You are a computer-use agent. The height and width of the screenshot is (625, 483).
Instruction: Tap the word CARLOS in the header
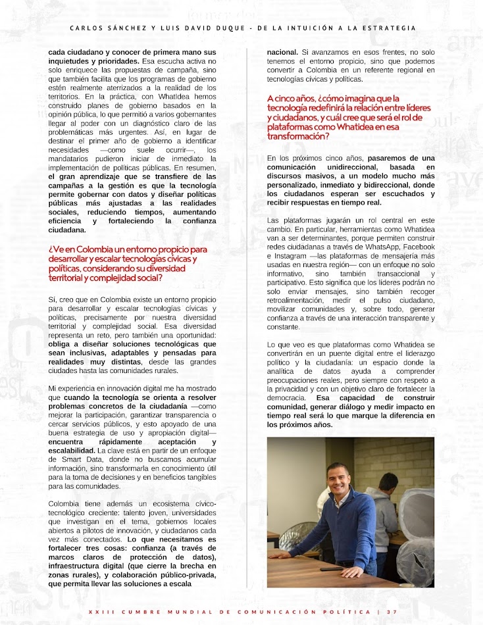87,28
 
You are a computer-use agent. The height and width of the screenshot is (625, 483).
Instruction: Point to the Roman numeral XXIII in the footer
100,612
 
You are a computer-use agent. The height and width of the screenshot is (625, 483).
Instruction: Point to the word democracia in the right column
287,399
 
